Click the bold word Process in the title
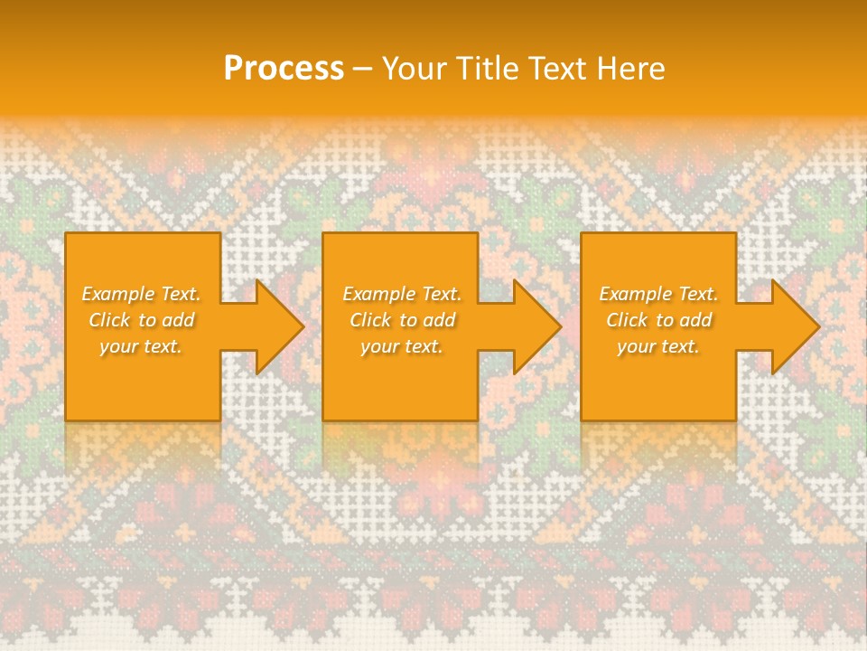point(284,69)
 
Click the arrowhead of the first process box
point(276,326)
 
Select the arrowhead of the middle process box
point(534,326)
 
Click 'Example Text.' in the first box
point(141,294)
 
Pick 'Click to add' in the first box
point(141,320)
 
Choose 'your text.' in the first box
point(141,346)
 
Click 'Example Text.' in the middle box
point(401,294)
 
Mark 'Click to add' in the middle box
point(401,320)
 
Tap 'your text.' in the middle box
point(401,346)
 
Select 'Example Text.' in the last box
point(658,294)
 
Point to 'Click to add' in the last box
point(658,320)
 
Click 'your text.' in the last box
point(658,346)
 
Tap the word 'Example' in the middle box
point(378,294)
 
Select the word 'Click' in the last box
point(627,320)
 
